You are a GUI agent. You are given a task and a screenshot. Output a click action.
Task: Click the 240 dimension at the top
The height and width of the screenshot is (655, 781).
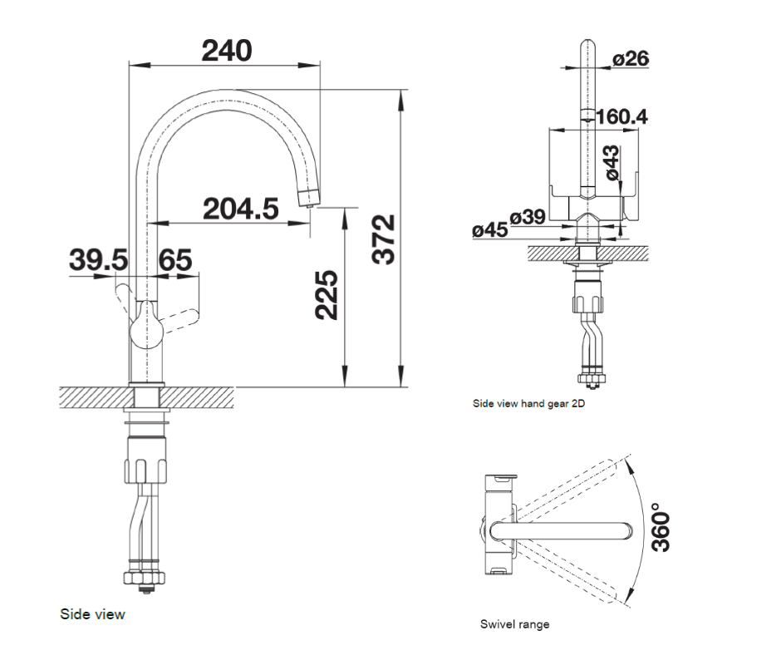click(x=227, y=51)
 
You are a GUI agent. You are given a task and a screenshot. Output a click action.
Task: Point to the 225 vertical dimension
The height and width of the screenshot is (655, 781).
click(x=327, y=295)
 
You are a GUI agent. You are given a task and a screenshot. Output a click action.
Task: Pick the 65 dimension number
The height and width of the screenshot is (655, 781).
click(x=175, y=261)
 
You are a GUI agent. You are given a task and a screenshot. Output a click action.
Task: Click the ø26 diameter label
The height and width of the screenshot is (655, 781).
click(x=631, y=59)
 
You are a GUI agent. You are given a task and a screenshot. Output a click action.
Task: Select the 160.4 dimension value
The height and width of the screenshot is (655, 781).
click(x=621, y=116)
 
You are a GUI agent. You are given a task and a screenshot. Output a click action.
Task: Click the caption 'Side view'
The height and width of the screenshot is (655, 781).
click(x=92, y=614)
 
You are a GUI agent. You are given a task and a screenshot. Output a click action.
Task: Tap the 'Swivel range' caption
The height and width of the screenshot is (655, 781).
click(x=514, y=624)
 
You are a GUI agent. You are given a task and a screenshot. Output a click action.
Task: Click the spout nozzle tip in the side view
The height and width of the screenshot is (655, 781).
click(x=307, y=197)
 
